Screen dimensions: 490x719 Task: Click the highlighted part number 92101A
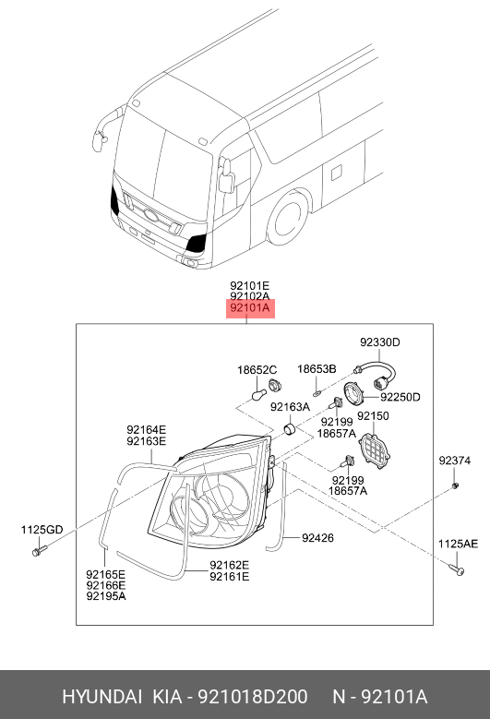coord(250,308)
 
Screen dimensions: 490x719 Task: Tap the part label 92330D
coord(379,342)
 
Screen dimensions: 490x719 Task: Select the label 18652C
coord(257,369)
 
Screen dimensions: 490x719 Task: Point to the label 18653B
coord(317,368)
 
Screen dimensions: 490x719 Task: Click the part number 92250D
coord(400,397)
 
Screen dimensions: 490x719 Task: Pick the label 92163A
coord(290,407)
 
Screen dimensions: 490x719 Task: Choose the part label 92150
coord(373,416)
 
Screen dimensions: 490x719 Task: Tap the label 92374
coord(454,461)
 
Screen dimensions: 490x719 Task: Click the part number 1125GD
coord(42,530)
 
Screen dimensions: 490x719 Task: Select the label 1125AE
coord(458,544)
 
